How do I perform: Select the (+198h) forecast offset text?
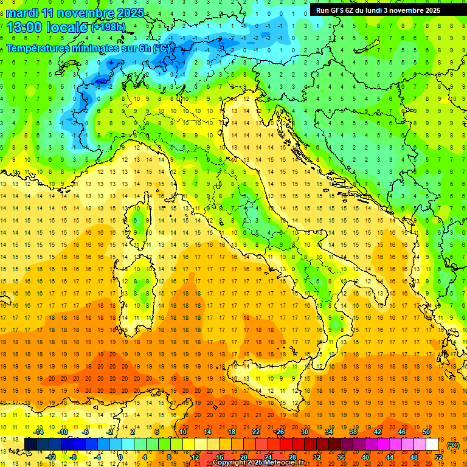pyautogui.click(x=109, y=27)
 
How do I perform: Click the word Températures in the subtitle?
pyautogui.click(x=42, y=48)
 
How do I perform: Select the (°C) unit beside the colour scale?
pyautogui.click(x=453, y=446)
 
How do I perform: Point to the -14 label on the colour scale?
pyautogui.click(x=38, y=432)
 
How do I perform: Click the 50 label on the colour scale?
pyautogui.click(x=426, y=432)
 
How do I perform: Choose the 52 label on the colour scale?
pyautogui.click(x=438, y=457)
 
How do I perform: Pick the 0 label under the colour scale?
pyautogui.click(x=120, y=457)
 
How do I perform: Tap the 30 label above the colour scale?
pyautogui.click(x=305, y=432)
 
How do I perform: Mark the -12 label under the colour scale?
pyautogui.click(x=50, y=457)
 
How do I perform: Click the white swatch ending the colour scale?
pyautogui.click(x=432, y=445)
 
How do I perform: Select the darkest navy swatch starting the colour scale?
pyautogui.click(x=30, y=445)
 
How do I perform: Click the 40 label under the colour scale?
pyautogui.click(x=365, y=457)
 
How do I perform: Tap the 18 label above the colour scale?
pyautogui.click(x=232, y=432)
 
